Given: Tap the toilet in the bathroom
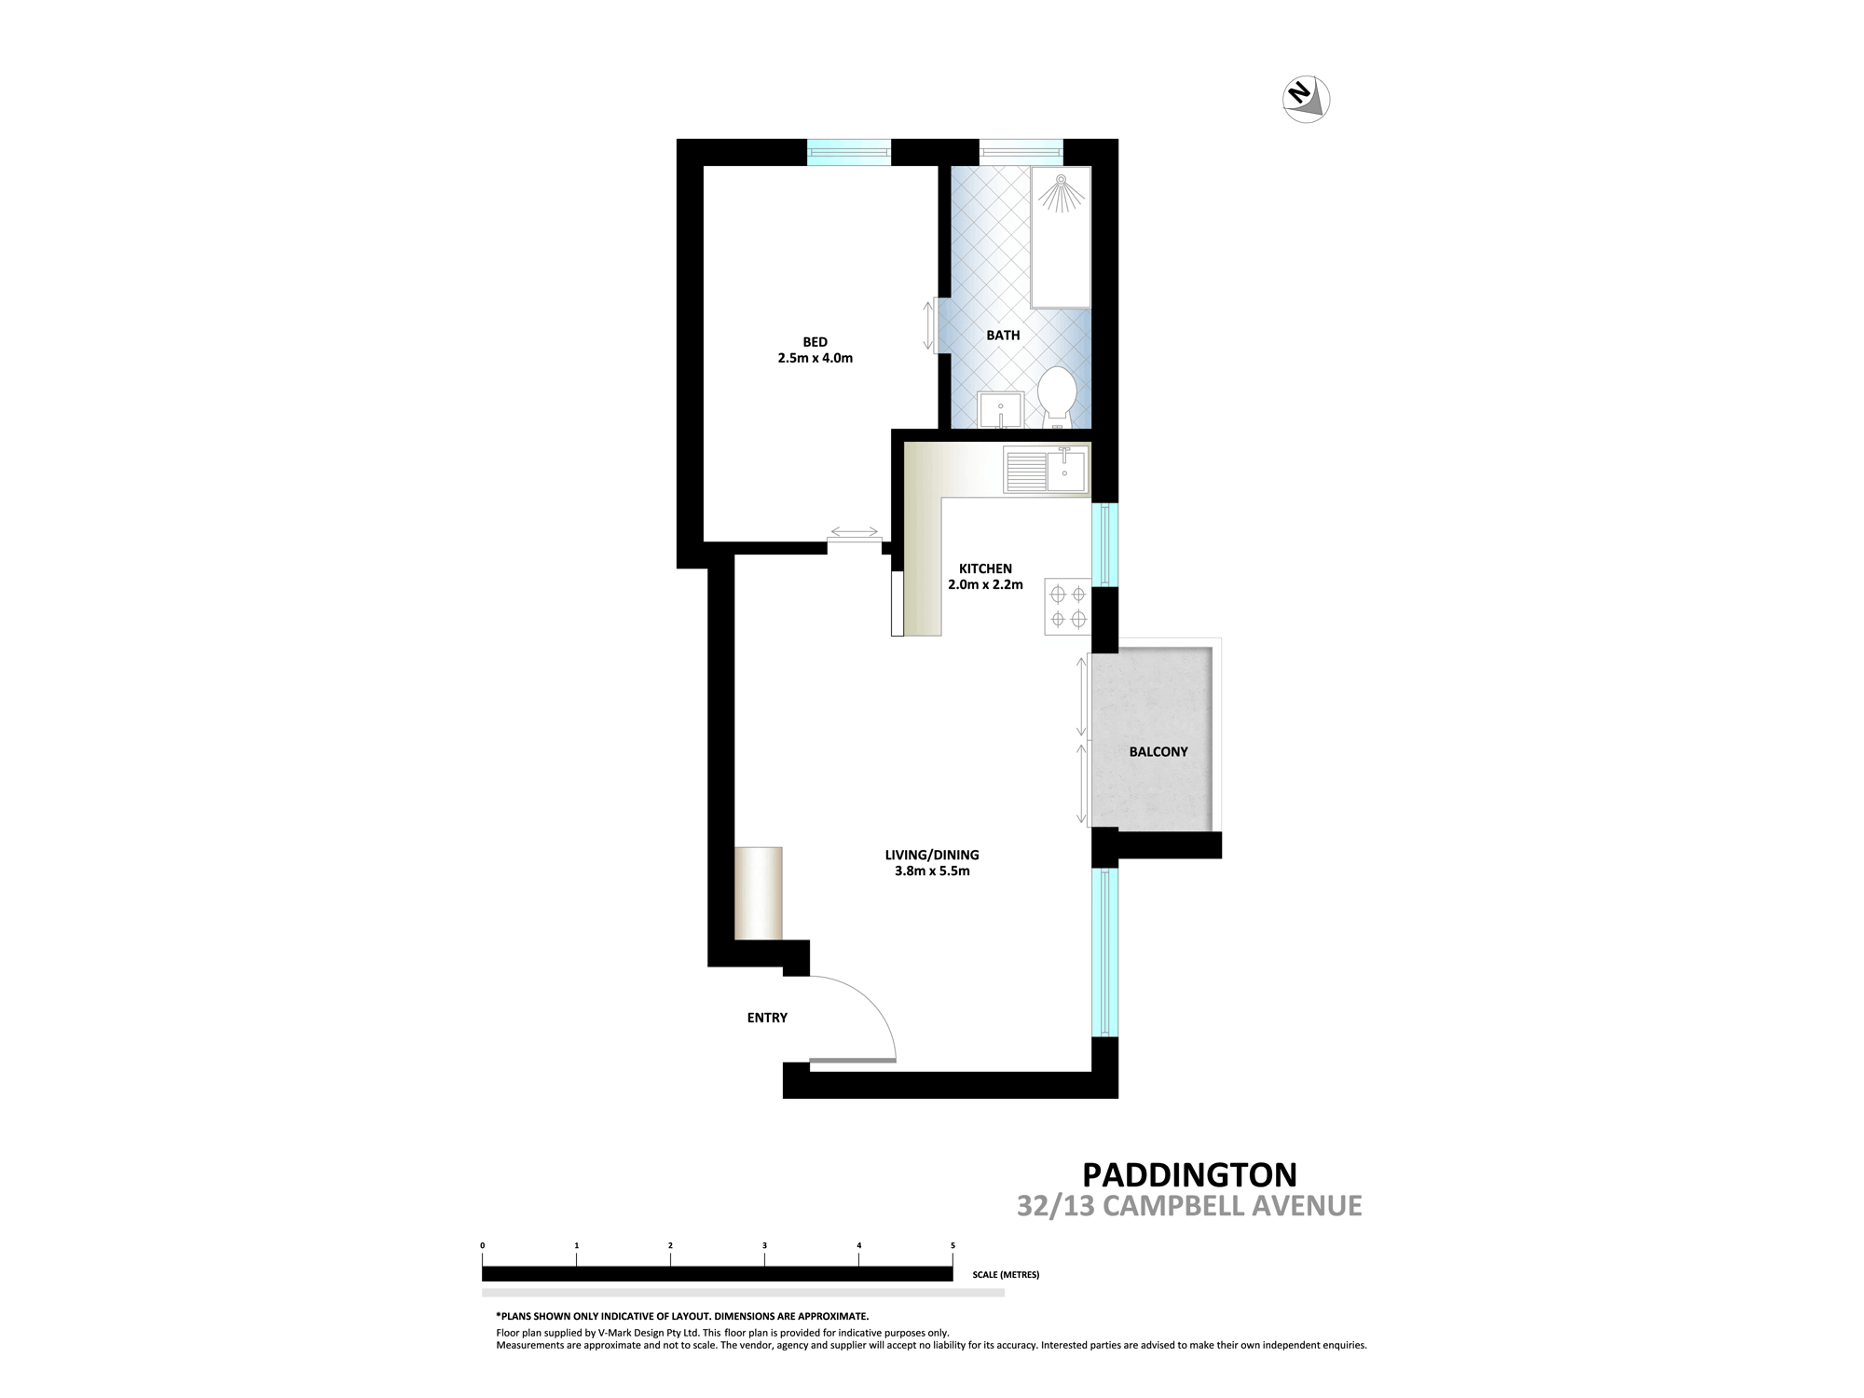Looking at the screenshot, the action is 1057,397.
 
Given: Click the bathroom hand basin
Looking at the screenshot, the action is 1001,409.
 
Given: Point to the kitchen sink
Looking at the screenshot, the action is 1046,470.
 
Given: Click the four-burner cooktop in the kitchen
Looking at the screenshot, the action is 1068,607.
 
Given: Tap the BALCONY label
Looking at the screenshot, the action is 1158,752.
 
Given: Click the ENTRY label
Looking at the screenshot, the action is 767,1018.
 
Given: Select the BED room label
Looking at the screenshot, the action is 815,342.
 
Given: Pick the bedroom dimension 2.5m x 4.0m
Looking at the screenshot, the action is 815,358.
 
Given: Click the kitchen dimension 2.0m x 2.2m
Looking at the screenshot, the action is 985,585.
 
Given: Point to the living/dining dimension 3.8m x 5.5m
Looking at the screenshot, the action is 932,871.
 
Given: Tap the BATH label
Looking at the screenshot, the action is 1004,336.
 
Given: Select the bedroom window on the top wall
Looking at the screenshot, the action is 849,152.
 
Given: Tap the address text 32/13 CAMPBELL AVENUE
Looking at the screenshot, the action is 1189,1206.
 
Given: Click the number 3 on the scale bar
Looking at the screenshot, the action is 764,1245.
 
